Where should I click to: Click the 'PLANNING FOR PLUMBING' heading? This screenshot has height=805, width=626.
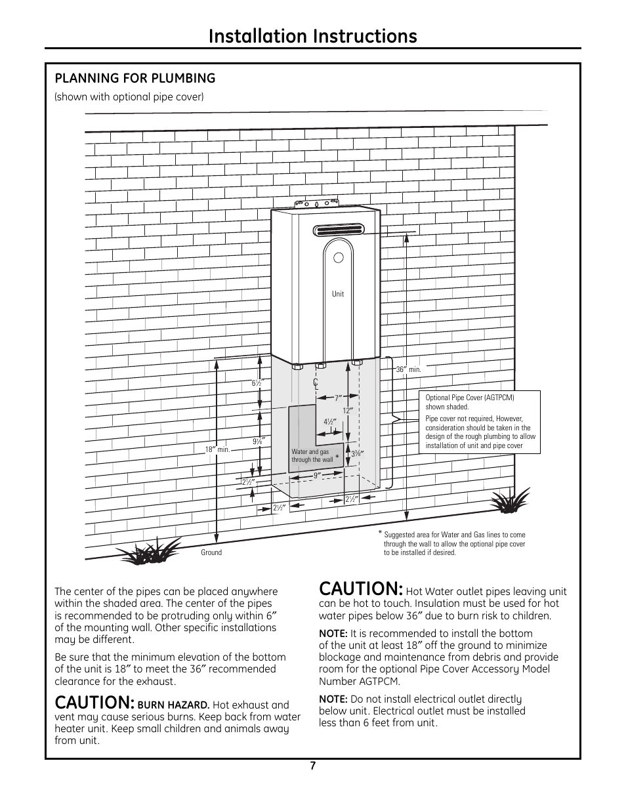click(135, 78)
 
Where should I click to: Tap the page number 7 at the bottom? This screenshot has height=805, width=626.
click(313, 766)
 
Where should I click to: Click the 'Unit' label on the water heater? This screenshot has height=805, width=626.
click(338, 294)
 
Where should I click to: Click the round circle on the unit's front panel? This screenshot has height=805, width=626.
click(337, 258)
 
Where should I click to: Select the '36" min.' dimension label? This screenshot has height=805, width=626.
click(407, 370)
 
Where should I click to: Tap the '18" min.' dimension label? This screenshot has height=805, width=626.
click(217, 449)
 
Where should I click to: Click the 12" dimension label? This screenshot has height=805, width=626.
click(348, 410)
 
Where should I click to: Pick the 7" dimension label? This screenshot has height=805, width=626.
click(339, 398)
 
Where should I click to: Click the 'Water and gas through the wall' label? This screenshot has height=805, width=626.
click(312, 456)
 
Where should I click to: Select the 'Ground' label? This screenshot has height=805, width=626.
click(211, 552)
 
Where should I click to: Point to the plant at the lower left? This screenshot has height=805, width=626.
click(154, 552)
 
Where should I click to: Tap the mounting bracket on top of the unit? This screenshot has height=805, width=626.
click(316, 206)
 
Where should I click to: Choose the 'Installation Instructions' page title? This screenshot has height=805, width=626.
click(312, 36)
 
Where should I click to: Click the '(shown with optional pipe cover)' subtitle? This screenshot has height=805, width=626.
click(129, 97)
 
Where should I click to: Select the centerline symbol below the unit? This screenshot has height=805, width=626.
click(316, 384)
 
